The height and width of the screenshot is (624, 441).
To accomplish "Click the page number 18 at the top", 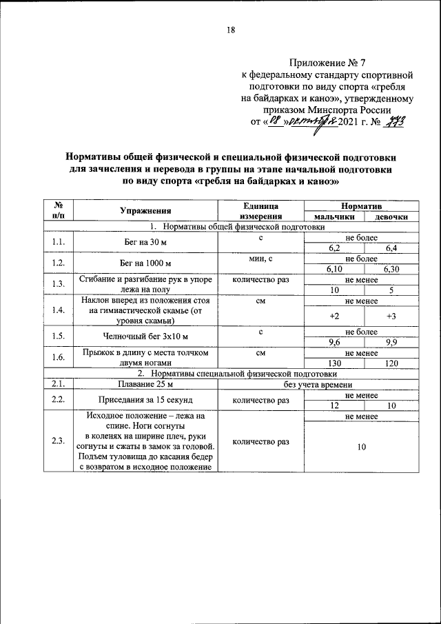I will click(x=231, y=30).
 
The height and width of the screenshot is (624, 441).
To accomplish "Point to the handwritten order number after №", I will click(x=398, y=122).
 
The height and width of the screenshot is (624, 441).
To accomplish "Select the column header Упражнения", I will click(x=145, y=211).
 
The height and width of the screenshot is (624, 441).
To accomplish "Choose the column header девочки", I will click(x=390, y=217).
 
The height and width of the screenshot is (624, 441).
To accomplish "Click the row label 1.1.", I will click(x=59, y=241).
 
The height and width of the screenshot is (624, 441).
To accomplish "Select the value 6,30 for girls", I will click(x=390, y=268).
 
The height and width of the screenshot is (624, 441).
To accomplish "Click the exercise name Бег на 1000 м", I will click(x=145, y=263).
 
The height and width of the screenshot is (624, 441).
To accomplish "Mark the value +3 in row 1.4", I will click(x=390, y=315).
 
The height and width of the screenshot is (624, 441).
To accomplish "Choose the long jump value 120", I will click(x=390, y=363).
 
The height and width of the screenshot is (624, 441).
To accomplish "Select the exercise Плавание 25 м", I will click(x=145, y=384).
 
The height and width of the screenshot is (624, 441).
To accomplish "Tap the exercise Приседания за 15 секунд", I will click(x=145, y=401).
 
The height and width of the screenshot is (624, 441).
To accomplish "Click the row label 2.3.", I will click(x=59, y=441).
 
